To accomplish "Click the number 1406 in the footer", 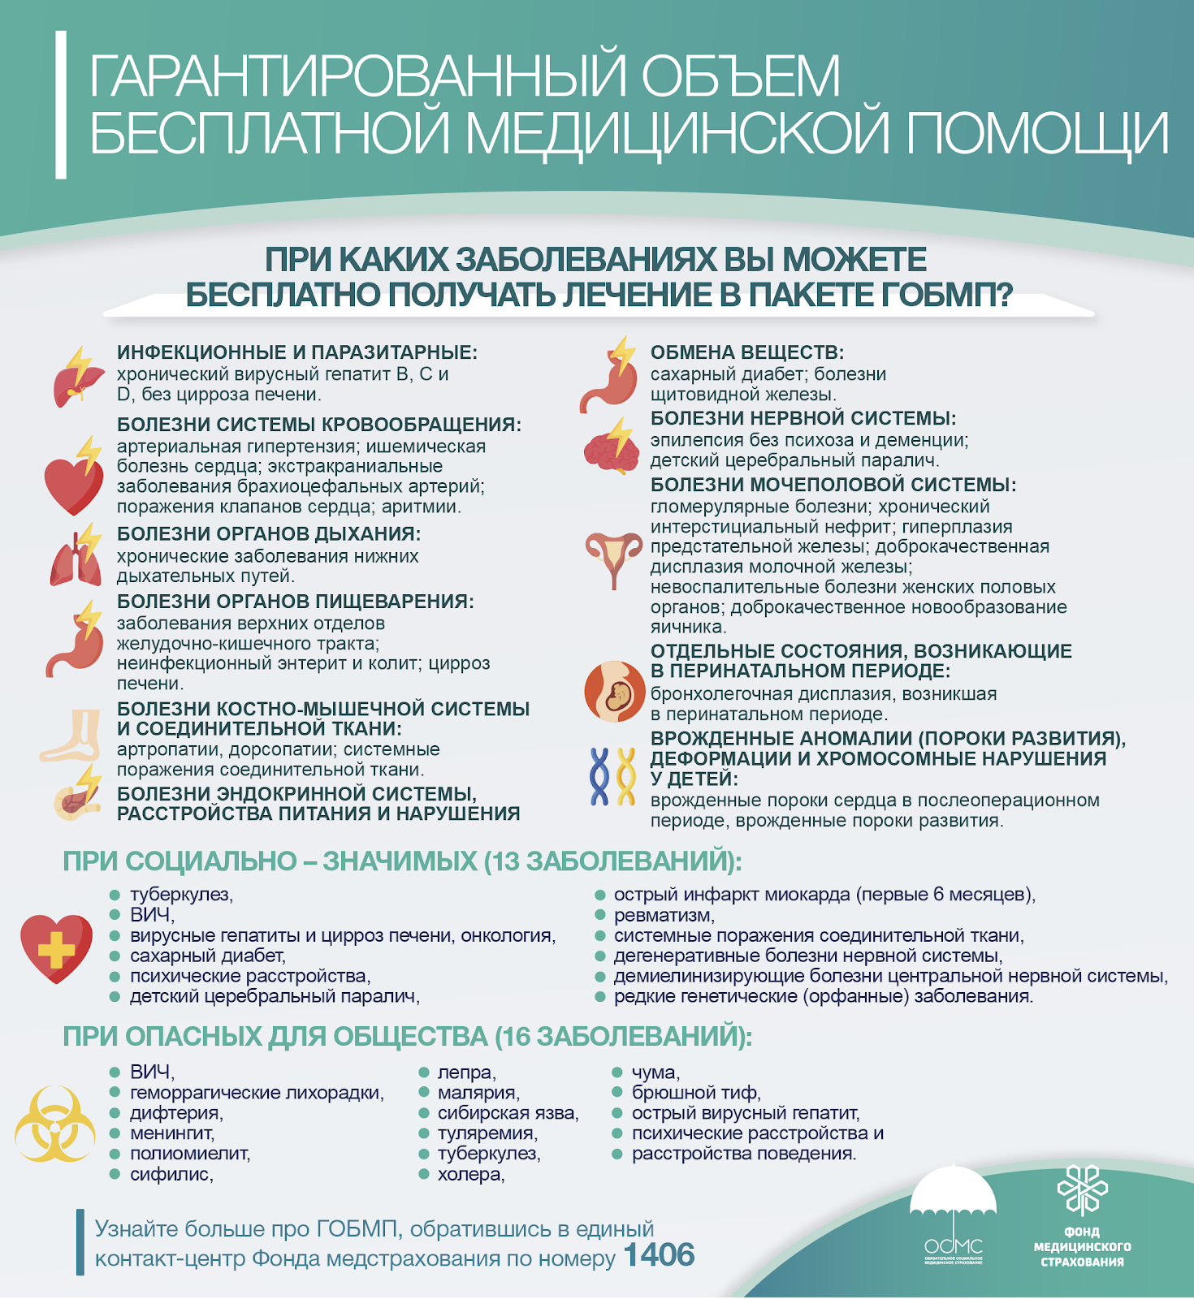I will click(659, 1255).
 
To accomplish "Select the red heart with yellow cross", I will click(56, 948).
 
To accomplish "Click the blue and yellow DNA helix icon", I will click(612, 777).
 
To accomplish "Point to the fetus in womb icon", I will click(614, 692).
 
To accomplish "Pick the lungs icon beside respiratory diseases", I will click(76, 557).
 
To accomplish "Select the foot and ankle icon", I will click(72, 736).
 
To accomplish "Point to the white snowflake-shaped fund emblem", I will click(1082, 1190).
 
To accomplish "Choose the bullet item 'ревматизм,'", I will click(664, 915).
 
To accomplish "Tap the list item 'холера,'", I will click(470, 1174).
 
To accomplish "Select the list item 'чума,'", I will click(655, 1072).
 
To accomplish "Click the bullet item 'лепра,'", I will click(466, 1072).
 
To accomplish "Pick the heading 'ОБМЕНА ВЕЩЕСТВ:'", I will click(746, 352).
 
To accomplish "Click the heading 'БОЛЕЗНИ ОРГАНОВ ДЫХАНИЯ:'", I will click(268, 533).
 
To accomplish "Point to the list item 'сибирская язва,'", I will click(508, 1113).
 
